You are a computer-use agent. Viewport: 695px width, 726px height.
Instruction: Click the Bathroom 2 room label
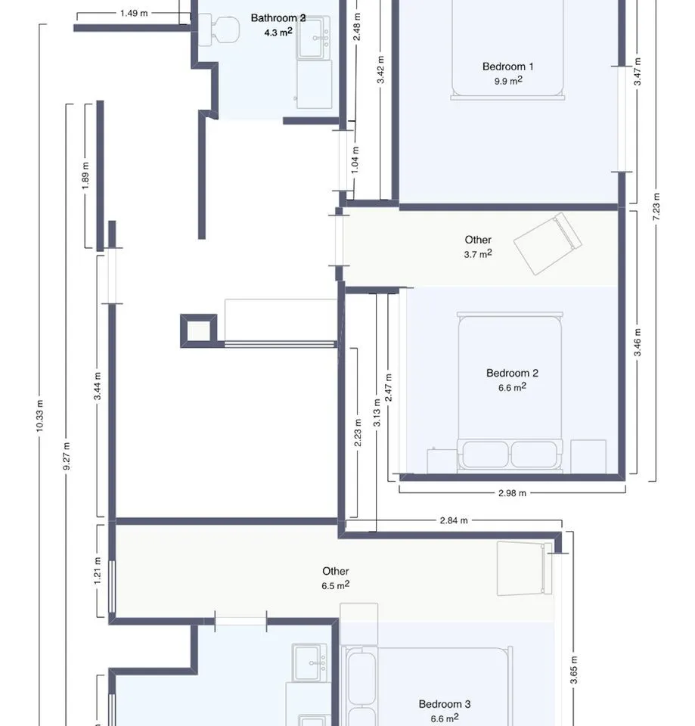278,18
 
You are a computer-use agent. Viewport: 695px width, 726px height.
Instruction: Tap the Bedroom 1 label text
507,67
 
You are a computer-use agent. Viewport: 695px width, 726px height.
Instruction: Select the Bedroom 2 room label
512,373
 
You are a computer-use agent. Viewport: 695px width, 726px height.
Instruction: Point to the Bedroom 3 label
444,704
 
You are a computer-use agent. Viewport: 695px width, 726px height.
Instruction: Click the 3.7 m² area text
477,254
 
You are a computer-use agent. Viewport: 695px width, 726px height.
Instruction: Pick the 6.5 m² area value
335,585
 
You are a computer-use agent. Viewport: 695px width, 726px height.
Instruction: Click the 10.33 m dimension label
39,416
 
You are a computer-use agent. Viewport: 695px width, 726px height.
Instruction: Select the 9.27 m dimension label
67,456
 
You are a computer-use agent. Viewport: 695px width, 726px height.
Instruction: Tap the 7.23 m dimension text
656,206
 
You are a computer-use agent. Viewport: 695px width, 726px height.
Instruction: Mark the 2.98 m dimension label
512,493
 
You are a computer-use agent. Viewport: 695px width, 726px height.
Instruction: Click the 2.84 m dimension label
454,520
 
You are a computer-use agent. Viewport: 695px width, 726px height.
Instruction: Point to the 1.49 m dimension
134,14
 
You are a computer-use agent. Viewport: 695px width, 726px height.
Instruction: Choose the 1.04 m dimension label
355,160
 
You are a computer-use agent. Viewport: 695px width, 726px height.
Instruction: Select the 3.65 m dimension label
573,670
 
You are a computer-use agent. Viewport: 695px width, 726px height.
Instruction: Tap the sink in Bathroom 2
314,38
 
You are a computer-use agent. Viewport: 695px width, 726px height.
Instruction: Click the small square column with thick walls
198,330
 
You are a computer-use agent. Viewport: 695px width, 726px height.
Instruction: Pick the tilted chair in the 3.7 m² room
548,244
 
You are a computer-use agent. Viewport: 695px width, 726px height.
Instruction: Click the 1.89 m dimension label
85,175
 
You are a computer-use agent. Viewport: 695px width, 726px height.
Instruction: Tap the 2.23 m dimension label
358,433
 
